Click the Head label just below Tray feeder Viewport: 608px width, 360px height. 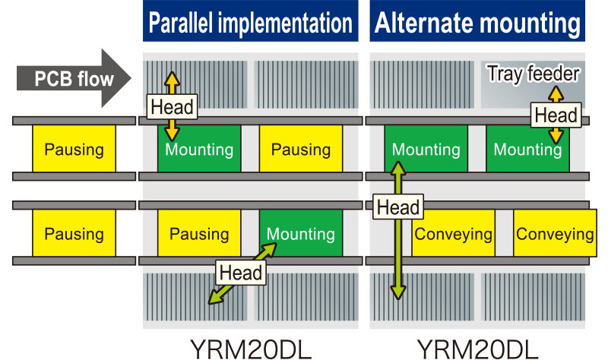(x=556, y=115)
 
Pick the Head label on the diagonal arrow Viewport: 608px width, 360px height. (x=240, y=272)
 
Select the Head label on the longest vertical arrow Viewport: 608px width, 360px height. (x=397, y=207)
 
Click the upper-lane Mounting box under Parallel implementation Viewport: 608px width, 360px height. (x=198, y=149)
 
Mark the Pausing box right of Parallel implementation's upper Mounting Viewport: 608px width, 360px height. (x=300, y=149)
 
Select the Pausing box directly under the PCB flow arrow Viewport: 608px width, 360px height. (x=74, y=149)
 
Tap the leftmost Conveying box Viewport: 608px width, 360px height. (x=453, y=233)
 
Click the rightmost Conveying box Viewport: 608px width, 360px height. (x=554, y=233)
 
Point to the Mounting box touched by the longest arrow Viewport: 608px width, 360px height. (x=426, y=149)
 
